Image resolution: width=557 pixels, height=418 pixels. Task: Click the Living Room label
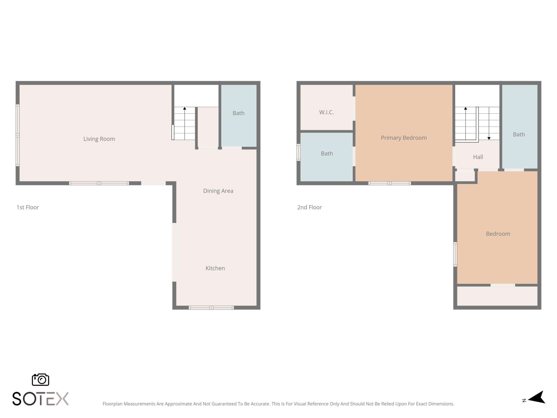click(x=99, y=139)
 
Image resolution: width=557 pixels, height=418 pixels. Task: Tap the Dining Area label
click(x=218, y=191)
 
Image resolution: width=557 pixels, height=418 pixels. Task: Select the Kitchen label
click(x=215, y=268)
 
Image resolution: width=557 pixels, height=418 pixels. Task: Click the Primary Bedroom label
click(x=403, y=138)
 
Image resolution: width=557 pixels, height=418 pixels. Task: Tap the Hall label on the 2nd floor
click(x=478, y=157)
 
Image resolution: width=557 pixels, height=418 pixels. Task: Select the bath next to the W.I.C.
click(x=327, y=153)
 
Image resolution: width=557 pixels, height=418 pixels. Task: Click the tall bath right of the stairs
click(x=519, y=134)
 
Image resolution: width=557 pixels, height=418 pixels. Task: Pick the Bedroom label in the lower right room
click(x=498, y=234)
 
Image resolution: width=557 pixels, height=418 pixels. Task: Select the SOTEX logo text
click(x=40, y=399)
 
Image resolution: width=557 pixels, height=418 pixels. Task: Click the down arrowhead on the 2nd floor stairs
click(x=489, y=138)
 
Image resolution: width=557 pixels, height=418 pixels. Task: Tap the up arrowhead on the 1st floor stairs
click(x=185, y=109)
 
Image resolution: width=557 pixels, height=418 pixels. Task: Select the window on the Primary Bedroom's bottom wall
click(x=390, y=183)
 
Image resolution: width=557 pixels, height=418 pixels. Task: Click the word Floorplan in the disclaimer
click(x=112, y=404)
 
